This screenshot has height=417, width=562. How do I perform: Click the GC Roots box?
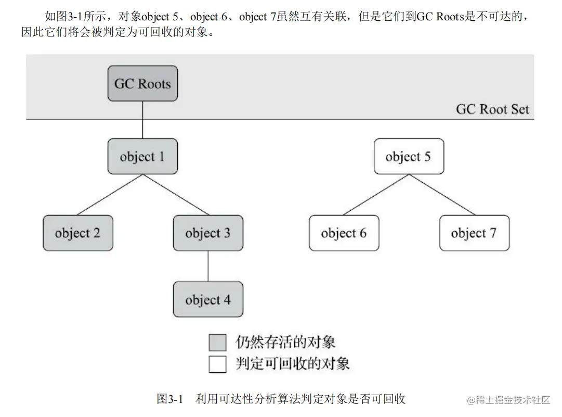pyautogui.click(x=142, y=83)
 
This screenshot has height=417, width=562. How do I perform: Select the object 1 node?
pyautogui.click(x=142, y=156)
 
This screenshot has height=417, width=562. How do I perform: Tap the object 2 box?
pyautogui.click(x=77, y=233)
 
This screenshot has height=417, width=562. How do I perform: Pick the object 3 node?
pyautogui.click(x=208, y=233)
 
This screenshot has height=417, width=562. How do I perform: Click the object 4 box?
pyautogui.click(x=208, y=299)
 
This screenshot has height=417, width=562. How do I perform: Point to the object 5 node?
pyautogui.click(x=409, y=156)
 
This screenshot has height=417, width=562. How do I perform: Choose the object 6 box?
pyautogui.click(x=344, y=233)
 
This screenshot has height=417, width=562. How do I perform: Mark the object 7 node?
pyautogui.click(x=474, y=233)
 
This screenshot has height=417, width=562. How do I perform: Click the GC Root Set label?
pyautogui.click(x=492, y=109)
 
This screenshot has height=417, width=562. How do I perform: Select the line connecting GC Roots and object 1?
pyautogui.click(x=142, y=120)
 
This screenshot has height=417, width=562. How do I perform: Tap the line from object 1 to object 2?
pyautogui.click(x=110, y=194)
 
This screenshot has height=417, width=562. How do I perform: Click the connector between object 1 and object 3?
pyautogui.click(x=175, y=194)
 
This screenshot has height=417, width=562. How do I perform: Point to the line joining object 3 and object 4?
pyautogui.click(x=208, y=266)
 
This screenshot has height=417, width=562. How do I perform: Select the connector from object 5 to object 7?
pyautogui.click(x=441, y=194)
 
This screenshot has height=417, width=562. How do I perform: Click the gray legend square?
pyautogui.click(x=217, y=343)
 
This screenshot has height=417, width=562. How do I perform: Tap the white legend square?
pyautogui.click(x=217, y=363)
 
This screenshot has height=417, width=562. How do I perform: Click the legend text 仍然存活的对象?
pyautogui.click(x=285, y=342)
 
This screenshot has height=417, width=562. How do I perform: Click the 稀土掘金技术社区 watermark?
pyautogui.click(x=513, y=400)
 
